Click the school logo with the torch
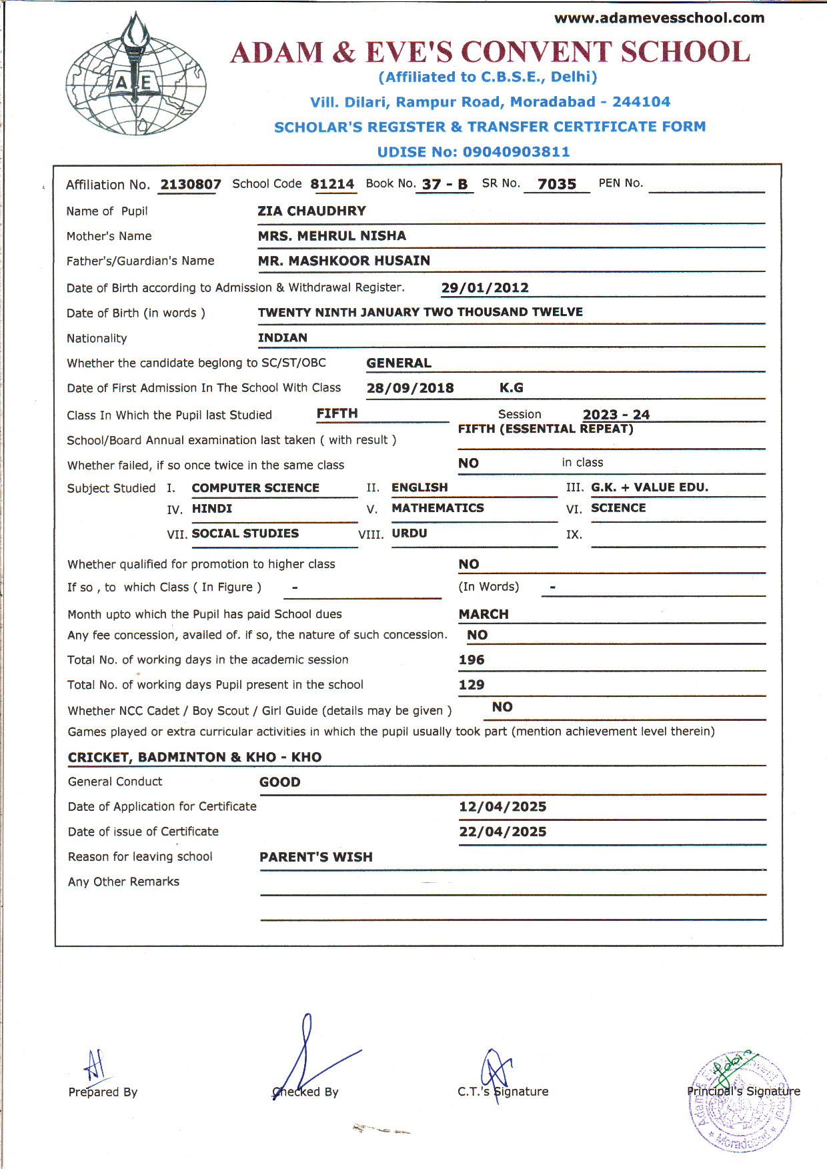pyautogui.click(x=136, y=75)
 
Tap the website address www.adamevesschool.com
pyautogui.click(x=659, y=18)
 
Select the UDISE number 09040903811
pyautogui.click(x=516, y=152)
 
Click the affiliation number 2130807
pyautogui.click(x=191, y=184)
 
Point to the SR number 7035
pyautogui.click(x=557, y=184)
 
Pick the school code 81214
pyautogui.click(x=332, y=184)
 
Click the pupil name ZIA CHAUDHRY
pyautogui.click(x=311, y=211)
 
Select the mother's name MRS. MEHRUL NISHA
pyautogui.click(x=331, y=235)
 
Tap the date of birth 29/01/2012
pyautogui.click(x=485, y=287)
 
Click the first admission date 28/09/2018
pyautogui.click(x=410, y=388)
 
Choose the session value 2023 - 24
pyautogui.click(x=616, y=414)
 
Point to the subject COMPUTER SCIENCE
pyautogui.click(x=255, y=487)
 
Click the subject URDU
pyautogui.click(x=409, y=533)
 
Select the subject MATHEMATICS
pyautogui.click(x=438, y=507)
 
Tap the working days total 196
pyautogui.click(x=472, y=660)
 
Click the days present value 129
pyautogui.click(x=472, y=684)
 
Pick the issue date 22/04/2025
pyautogui.click(x=502, y=832)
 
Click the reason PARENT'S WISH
pyautogui.click(x=315, y=857)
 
